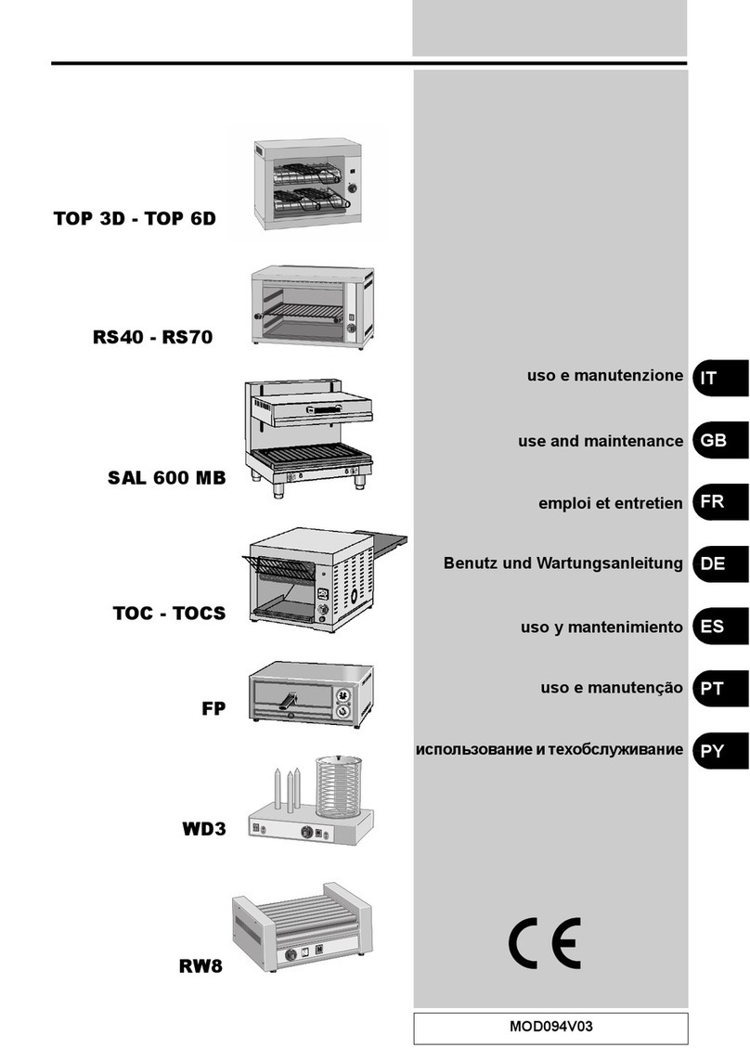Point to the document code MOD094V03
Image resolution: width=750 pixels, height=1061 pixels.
550,1028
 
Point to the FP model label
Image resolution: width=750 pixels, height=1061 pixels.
213,711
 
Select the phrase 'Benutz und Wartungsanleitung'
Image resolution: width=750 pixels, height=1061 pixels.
563,563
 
